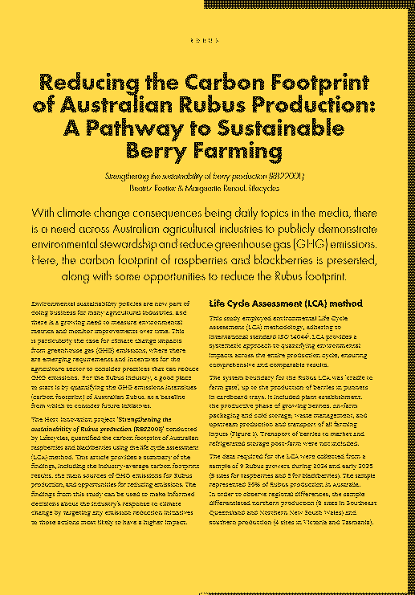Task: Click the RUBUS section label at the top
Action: click(207, 39)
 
